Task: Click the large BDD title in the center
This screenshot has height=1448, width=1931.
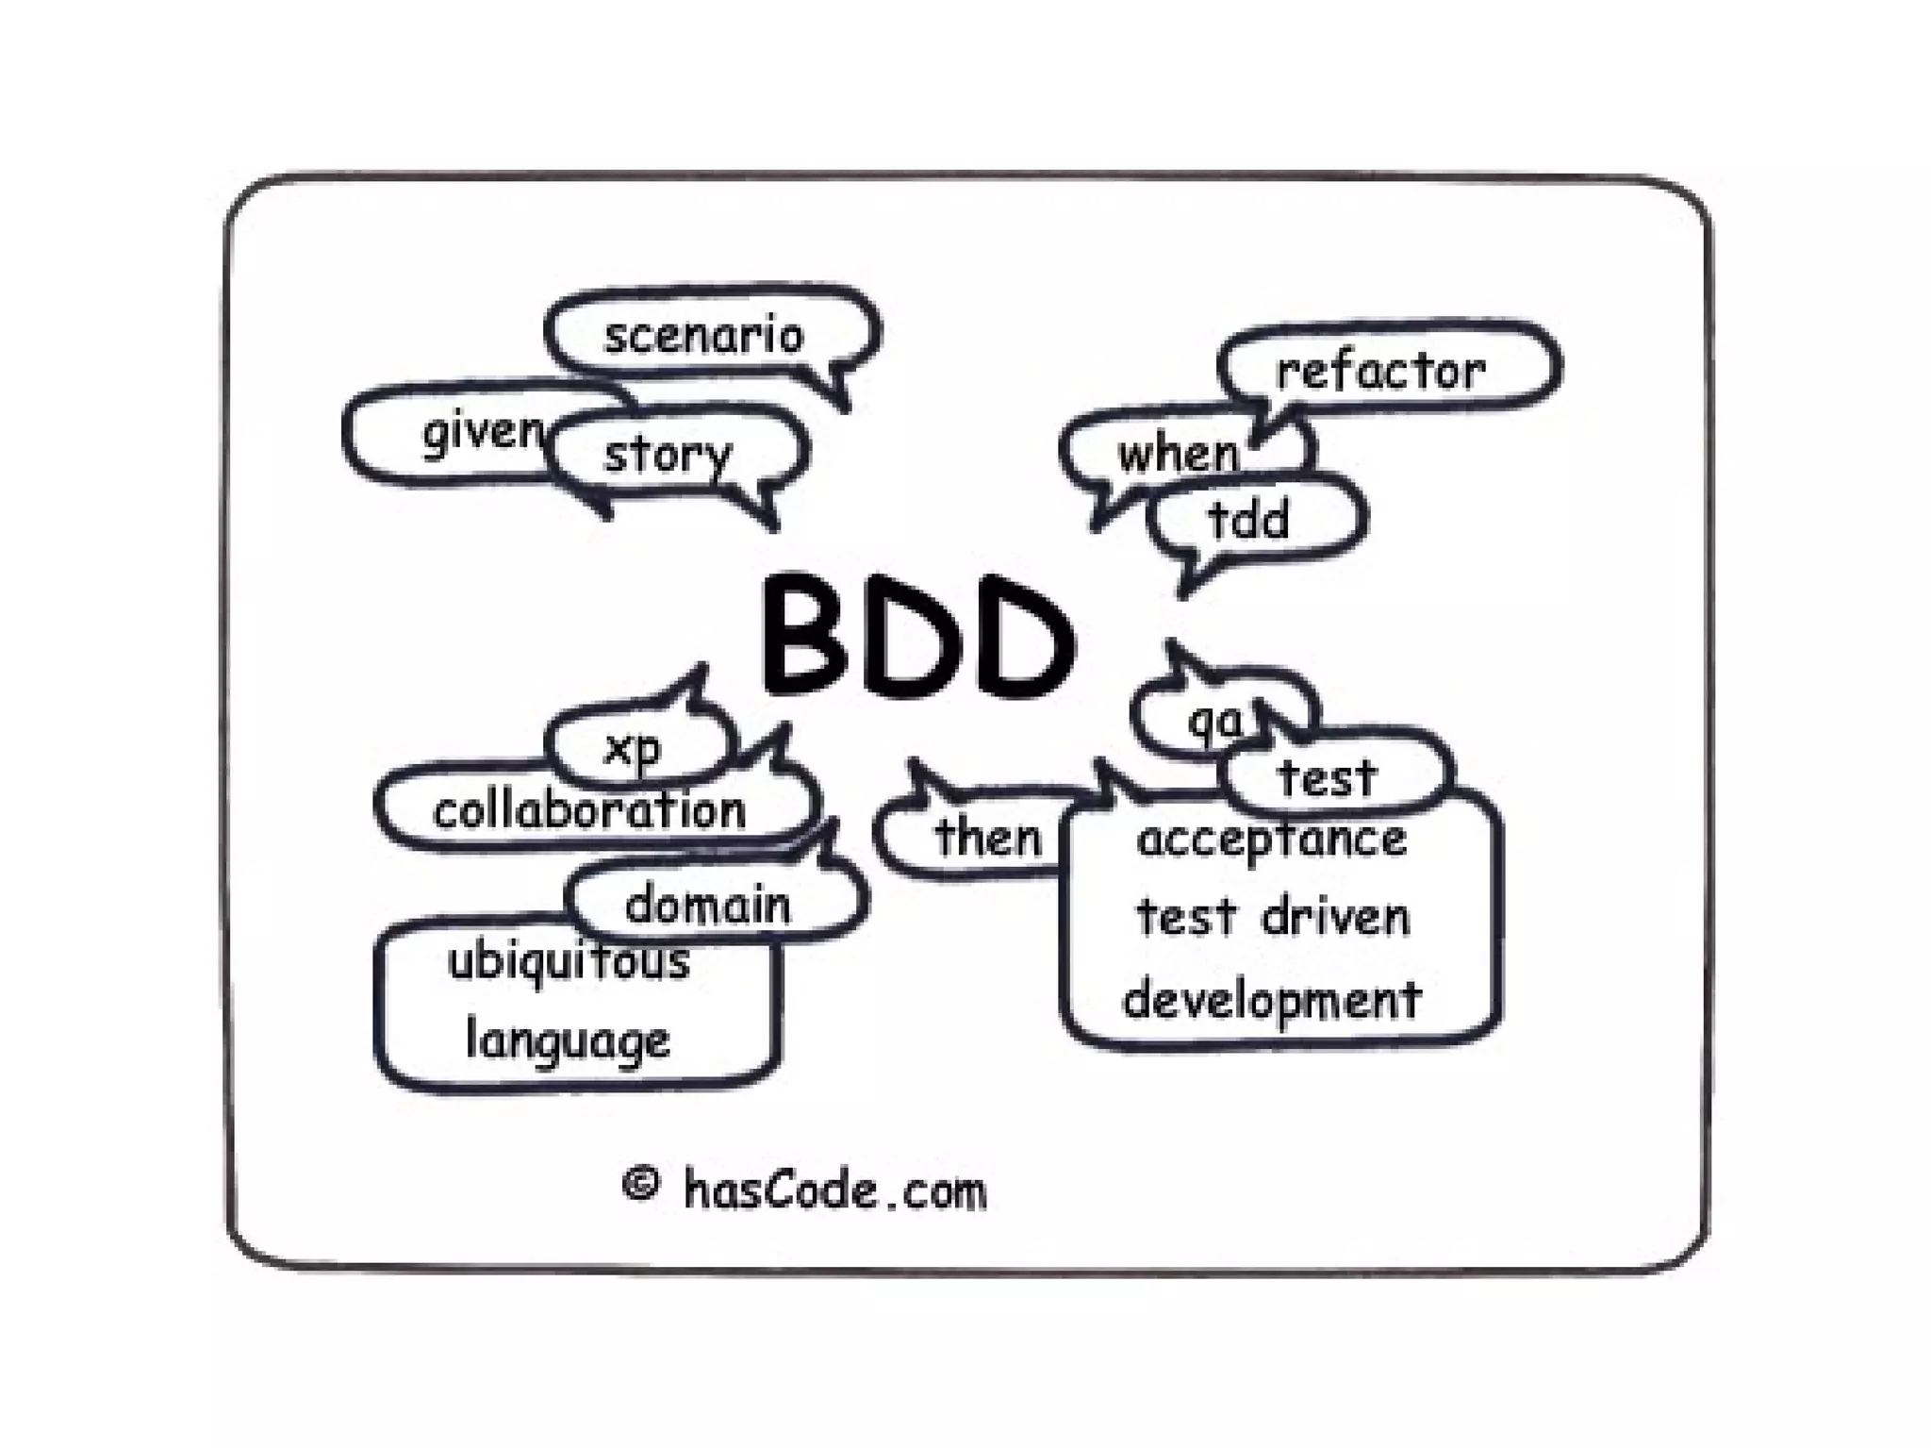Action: [916, 638]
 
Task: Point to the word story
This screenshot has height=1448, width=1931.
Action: [668, 455]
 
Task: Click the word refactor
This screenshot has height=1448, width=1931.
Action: [1380, 372]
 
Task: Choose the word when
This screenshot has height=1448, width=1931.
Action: [1179, 455]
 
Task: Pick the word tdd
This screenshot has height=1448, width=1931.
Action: [1248, 520]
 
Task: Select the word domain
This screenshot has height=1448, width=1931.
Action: [707, 906]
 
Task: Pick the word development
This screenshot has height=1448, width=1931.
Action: [1272, 1000]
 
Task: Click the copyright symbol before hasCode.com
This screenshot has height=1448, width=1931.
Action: [641, 1183]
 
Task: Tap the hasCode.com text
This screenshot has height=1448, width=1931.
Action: [835, 1190]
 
